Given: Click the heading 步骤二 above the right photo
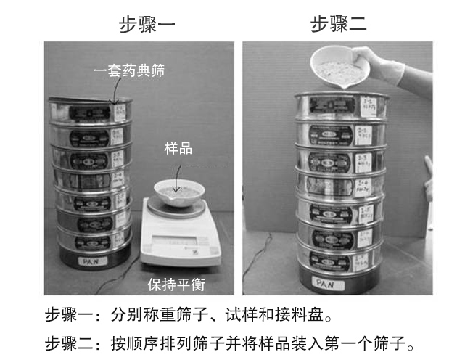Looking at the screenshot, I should pos(339,25).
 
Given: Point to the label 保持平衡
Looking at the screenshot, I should pos(175,283).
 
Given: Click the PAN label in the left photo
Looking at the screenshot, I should pos(90,258).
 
